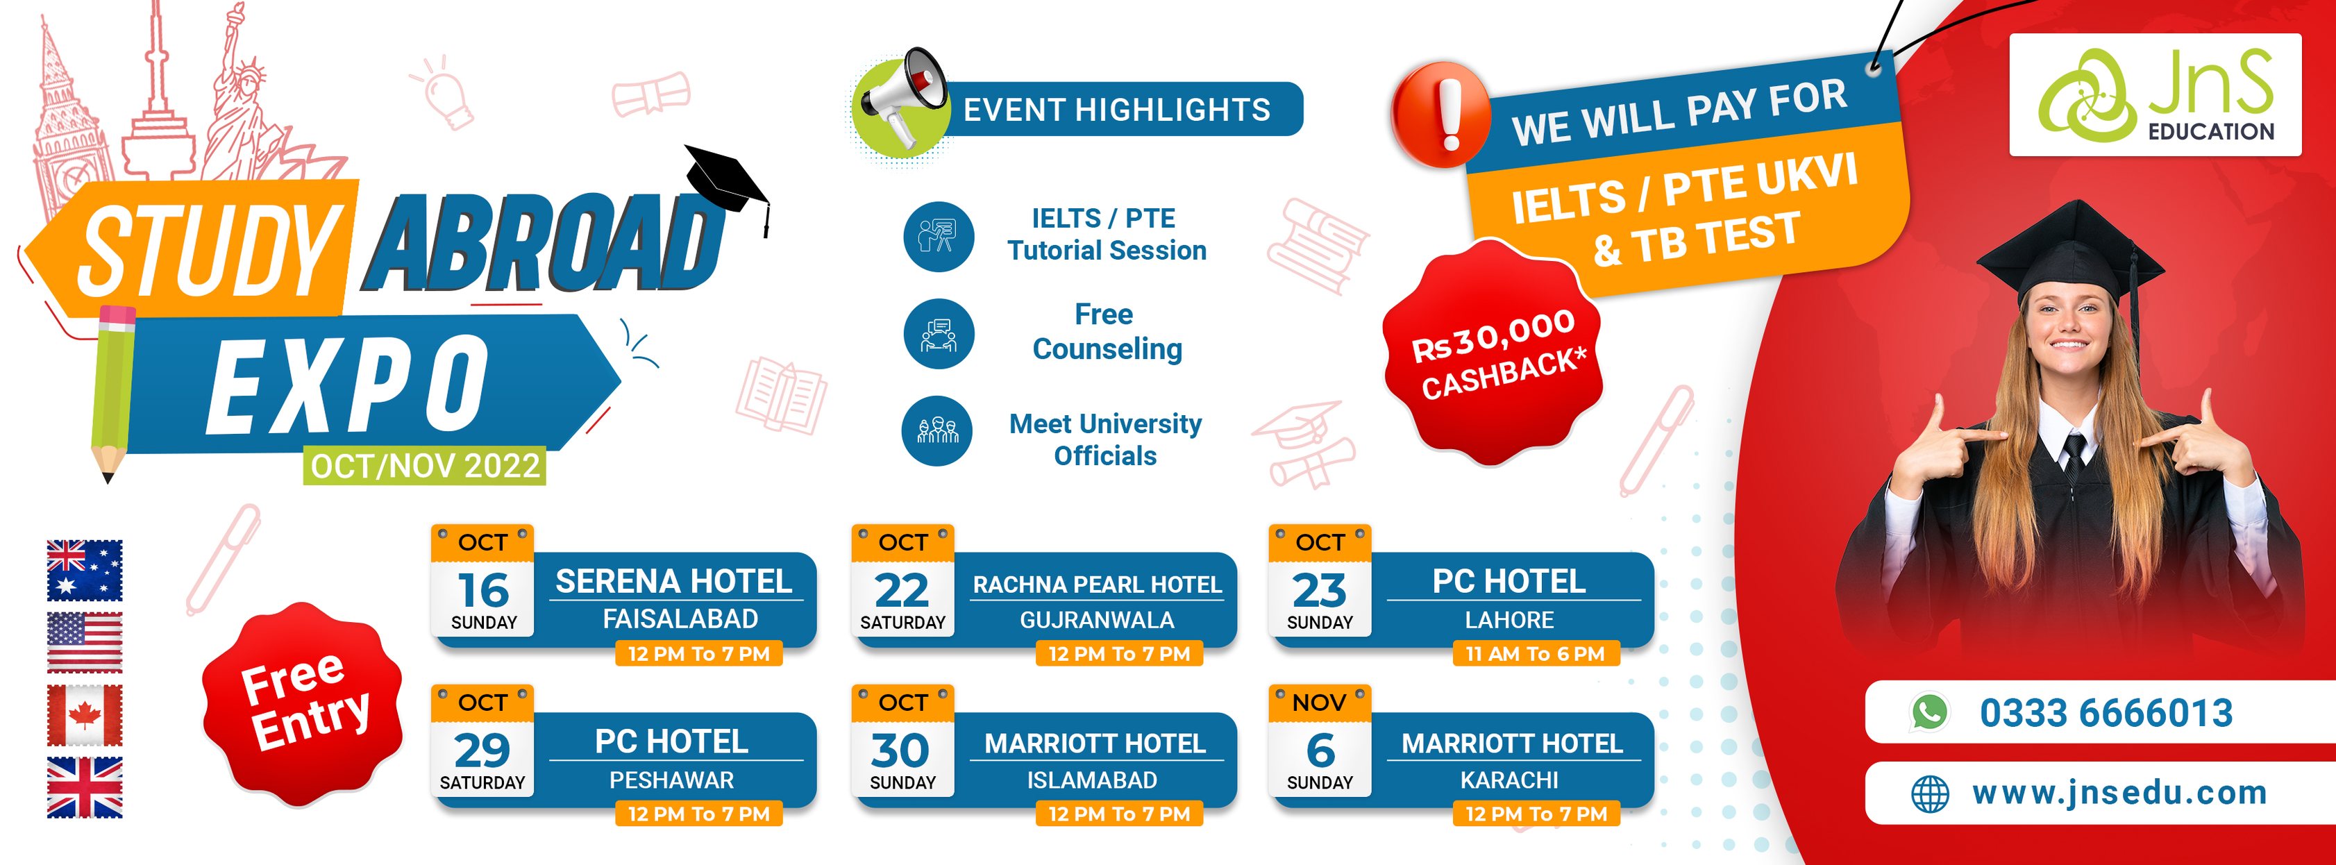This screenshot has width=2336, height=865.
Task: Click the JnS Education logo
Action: pyautogui.click(x=2155, y=94)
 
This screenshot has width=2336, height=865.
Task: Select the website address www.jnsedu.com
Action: pyautogui.click(x=2119, y=793)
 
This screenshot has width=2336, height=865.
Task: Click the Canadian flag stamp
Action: pyautogui.click(x=84, y=715)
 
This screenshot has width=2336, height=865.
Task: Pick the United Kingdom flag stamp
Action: pyautogui.click(x=84, y=787)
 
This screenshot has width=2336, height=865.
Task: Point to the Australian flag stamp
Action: pyautogui.click(x=84, y=571)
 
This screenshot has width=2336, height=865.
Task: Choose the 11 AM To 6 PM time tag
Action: pyautogui.click(x=1536, y=654)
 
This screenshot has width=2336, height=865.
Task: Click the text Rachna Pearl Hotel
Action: pyautogui.click(x=1098, y=585)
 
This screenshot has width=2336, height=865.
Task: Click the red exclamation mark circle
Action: pyautogui.click(x=1441, y=115)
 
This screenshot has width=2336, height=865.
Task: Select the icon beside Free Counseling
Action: pyautogui.click(x=939, y=334)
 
